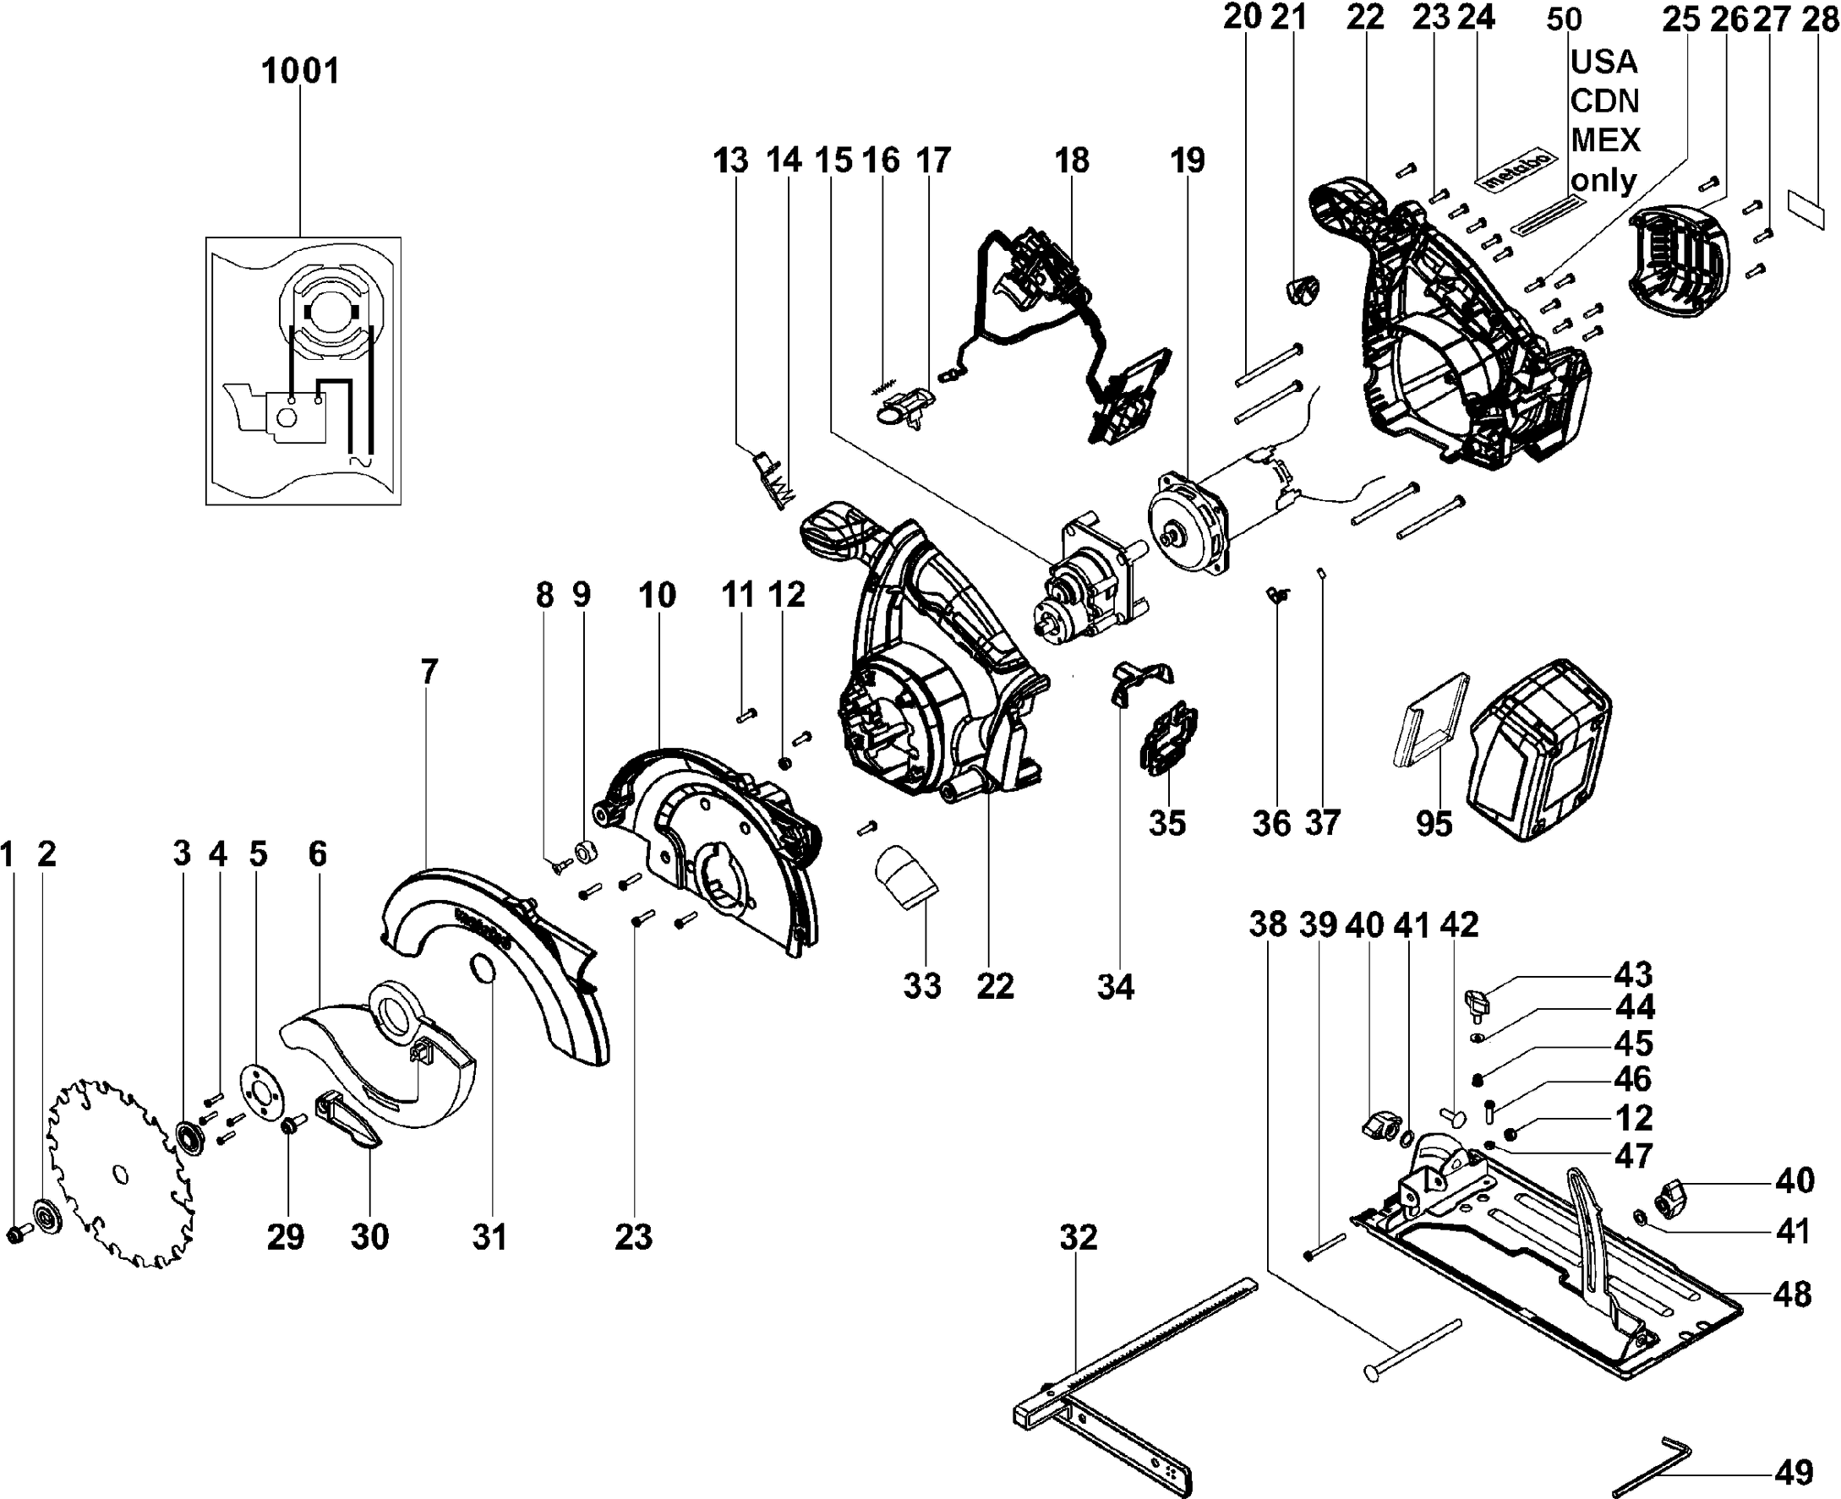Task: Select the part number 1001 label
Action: tap(300, 71)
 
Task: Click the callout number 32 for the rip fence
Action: tap(1079, 1237)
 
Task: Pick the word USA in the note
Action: tap(1603, 62)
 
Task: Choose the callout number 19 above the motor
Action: tap(1188, 160)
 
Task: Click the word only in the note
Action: tap(1603, 182)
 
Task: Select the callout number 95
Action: tap(1434, 823)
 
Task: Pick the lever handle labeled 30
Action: tap(350, 1120)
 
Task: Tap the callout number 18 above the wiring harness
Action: tap(1071, 160)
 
